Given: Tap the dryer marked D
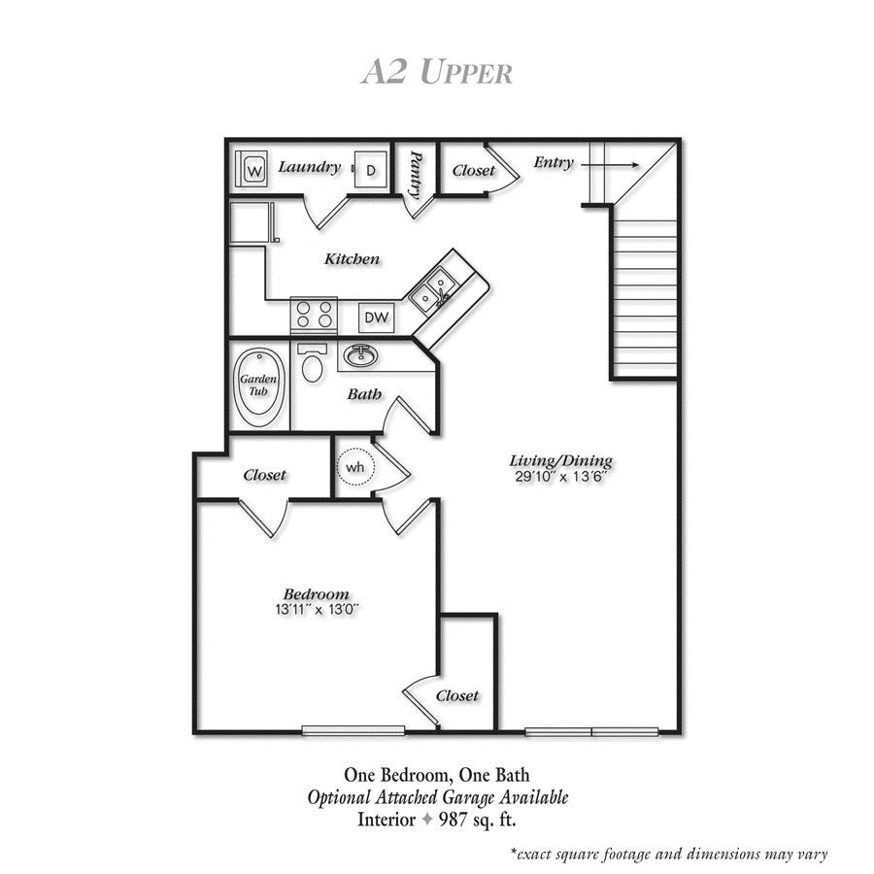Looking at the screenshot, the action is coord(371,169).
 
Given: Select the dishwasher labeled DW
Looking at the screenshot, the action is coord(376,318).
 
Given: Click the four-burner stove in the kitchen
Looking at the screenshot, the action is coord(314,315).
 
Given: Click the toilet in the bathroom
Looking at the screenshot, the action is coord(312,363).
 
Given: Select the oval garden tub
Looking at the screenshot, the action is coord(259,382).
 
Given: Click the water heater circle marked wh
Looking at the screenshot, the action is coord(355,466).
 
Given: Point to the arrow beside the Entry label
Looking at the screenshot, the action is coord(611,165).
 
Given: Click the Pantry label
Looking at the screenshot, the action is coord(416,175).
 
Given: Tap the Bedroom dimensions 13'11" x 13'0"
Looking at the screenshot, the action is coord(316,610).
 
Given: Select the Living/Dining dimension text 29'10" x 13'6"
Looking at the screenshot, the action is coord(560,477).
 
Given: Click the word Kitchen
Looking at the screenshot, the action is coord(352,258).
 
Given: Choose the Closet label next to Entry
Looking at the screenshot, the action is coord(473,170).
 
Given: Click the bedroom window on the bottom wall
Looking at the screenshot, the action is coord(353,730).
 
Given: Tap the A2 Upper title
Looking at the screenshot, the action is coord(436,72).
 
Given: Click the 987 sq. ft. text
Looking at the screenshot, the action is coord(478,820).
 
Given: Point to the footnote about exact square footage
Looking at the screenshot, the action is coord(669,855).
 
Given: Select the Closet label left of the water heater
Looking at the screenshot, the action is coord(264,475).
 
